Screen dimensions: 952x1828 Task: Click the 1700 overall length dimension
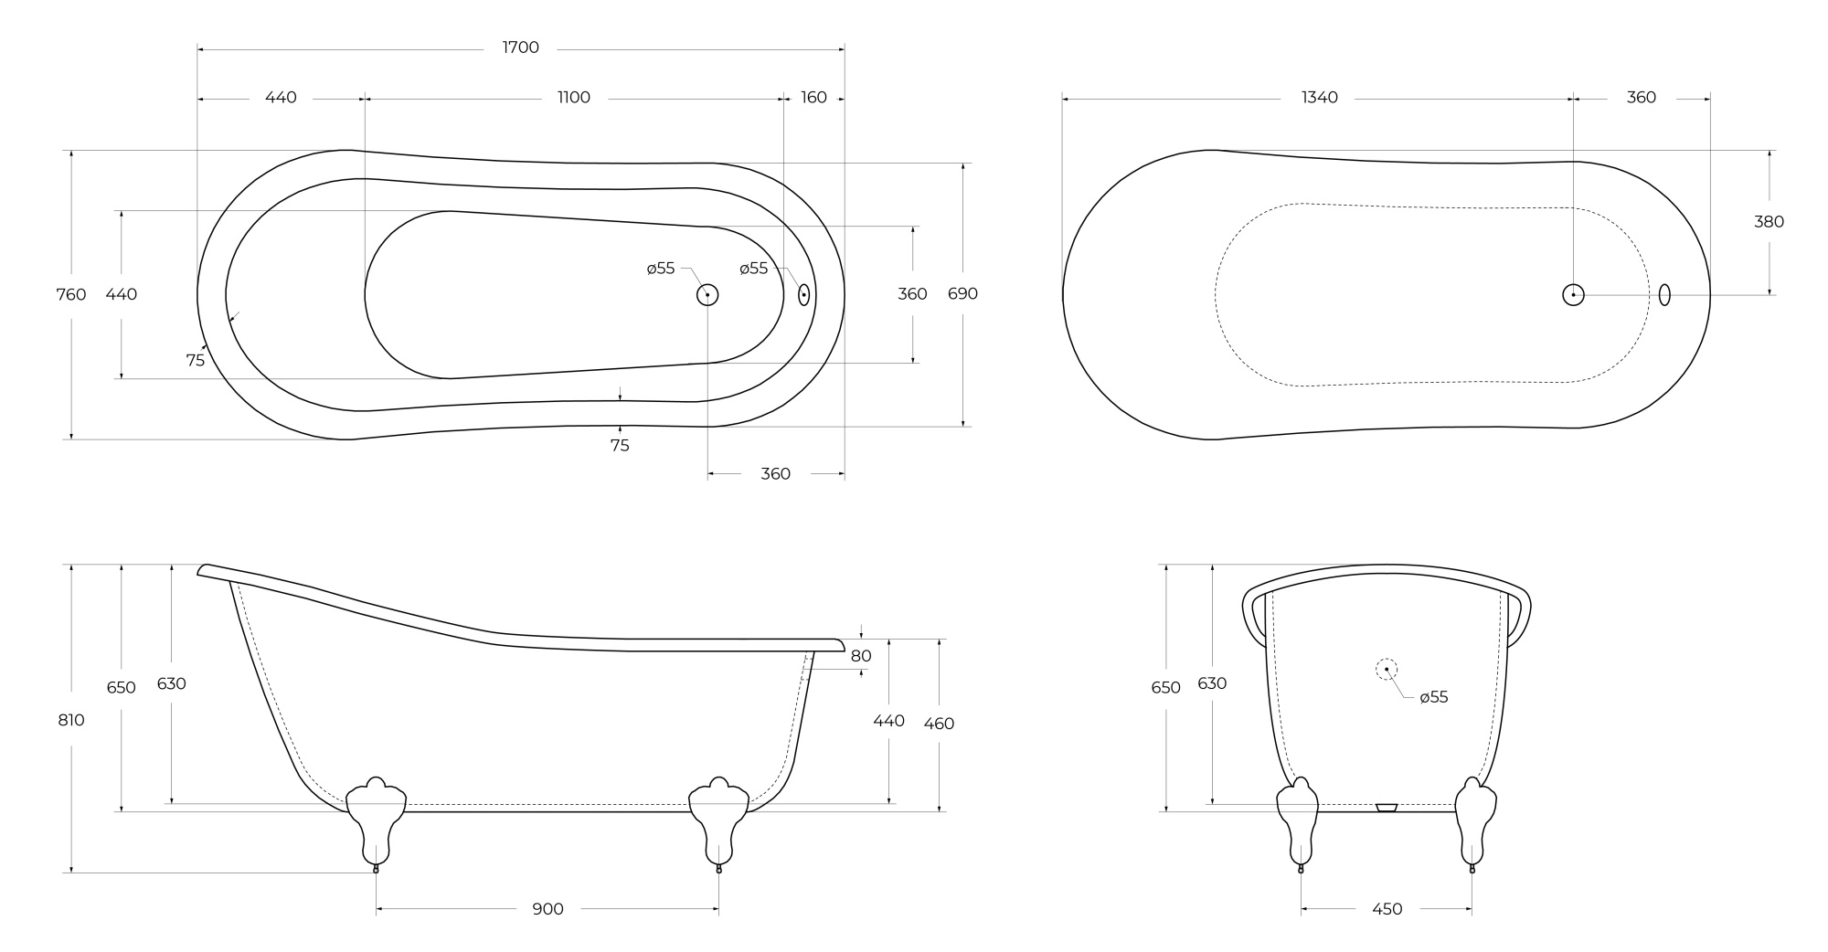tap(520, 48)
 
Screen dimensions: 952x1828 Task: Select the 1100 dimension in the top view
tap(574, 98)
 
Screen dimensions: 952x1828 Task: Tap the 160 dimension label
tap(813, 98)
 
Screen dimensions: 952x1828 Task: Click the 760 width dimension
tap(71, 294)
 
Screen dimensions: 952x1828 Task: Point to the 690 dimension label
tap(962, 293)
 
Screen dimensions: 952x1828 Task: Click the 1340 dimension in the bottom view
tap(1319, 98)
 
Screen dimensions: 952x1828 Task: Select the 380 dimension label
tap(1769, 221)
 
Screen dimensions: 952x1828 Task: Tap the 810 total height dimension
tap(71, 720)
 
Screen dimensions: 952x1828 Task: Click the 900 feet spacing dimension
tap(547, 909)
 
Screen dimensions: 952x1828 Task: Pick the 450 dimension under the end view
tap(1387, 909)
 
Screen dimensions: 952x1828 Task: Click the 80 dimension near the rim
tap(861, 656)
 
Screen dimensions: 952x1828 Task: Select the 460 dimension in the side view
tap(939, 724)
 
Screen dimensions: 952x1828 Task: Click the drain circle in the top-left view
tap(707, 294)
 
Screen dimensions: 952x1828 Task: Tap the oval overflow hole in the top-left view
tap(803, 294)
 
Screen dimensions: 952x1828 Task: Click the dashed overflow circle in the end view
tap(1387, 670)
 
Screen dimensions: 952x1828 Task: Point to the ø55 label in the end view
tap(1433, 697)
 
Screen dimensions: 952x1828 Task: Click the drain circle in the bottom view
tap(1573, 294)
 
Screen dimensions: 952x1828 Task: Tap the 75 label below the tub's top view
tap(620, 446)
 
